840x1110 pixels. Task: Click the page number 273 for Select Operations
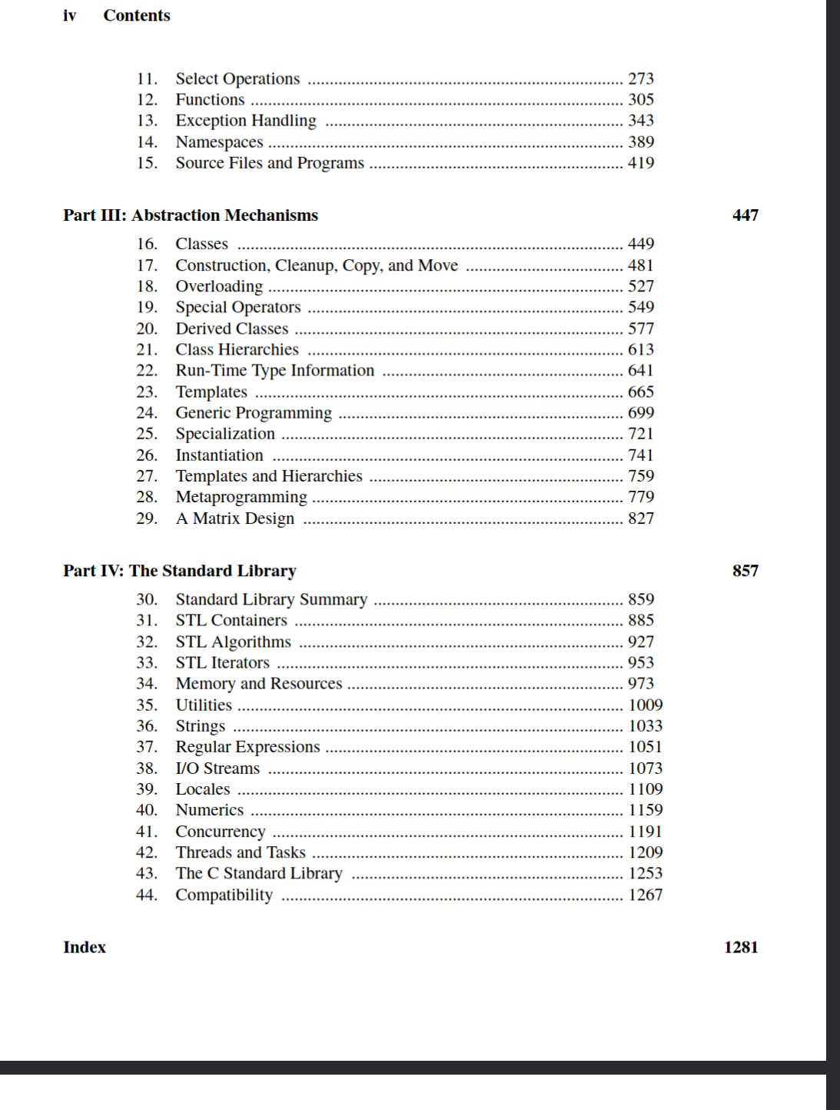click(x=640, y=78)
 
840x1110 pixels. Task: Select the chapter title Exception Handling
click(x=245, y=121)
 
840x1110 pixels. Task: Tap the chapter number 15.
click(x=146, y=163)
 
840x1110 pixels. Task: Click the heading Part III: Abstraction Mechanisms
click(x=191, y=215)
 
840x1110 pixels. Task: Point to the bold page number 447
click(x=745, y=215)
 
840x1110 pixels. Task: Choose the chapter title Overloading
click(x=219, y=286)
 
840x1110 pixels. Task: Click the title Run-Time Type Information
click(x=274, y=371)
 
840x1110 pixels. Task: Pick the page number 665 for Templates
click(x=640, y=392)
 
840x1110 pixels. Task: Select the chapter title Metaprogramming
click(x=241, y=497)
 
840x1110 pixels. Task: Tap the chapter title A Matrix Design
click(x=234, y=518)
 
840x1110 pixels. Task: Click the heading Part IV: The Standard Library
click(x=179, y=571)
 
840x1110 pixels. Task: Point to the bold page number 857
click(x=745, y=571)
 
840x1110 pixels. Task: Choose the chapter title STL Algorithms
click(x=233, y=642)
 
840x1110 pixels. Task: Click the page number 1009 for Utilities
click(x=645, y=705)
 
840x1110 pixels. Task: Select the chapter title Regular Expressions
click(x=247, y=747)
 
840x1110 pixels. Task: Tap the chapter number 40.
click(x=146, y=810)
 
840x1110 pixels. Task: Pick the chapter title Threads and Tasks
click(x=241, y=852)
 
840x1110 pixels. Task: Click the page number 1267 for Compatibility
click(x=645, y=895)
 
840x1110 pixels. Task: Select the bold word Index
click(x=85, y=947)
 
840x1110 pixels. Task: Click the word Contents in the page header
click(x=137, y=15)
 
